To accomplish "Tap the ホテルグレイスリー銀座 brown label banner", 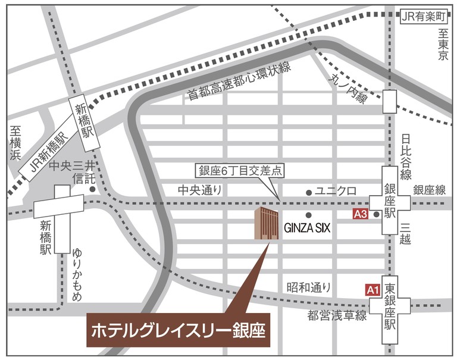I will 179,329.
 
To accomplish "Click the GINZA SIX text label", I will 306,228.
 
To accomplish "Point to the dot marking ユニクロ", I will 308,192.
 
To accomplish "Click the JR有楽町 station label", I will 422,15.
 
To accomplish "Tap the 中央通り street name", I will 199,190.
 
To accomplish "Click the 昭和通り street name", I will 308,287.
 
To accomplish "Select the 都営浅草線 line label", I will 337,316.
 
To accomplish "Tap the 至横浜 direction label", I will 15,143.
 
